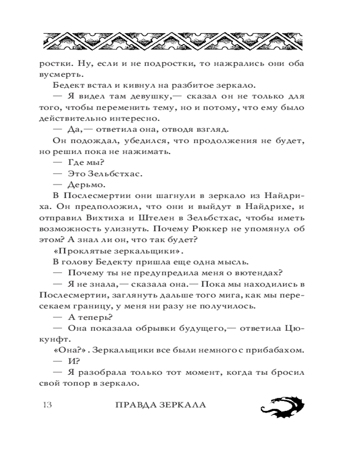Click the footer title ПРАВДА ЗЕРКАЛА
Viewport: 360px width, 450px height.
click(161, 404)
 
